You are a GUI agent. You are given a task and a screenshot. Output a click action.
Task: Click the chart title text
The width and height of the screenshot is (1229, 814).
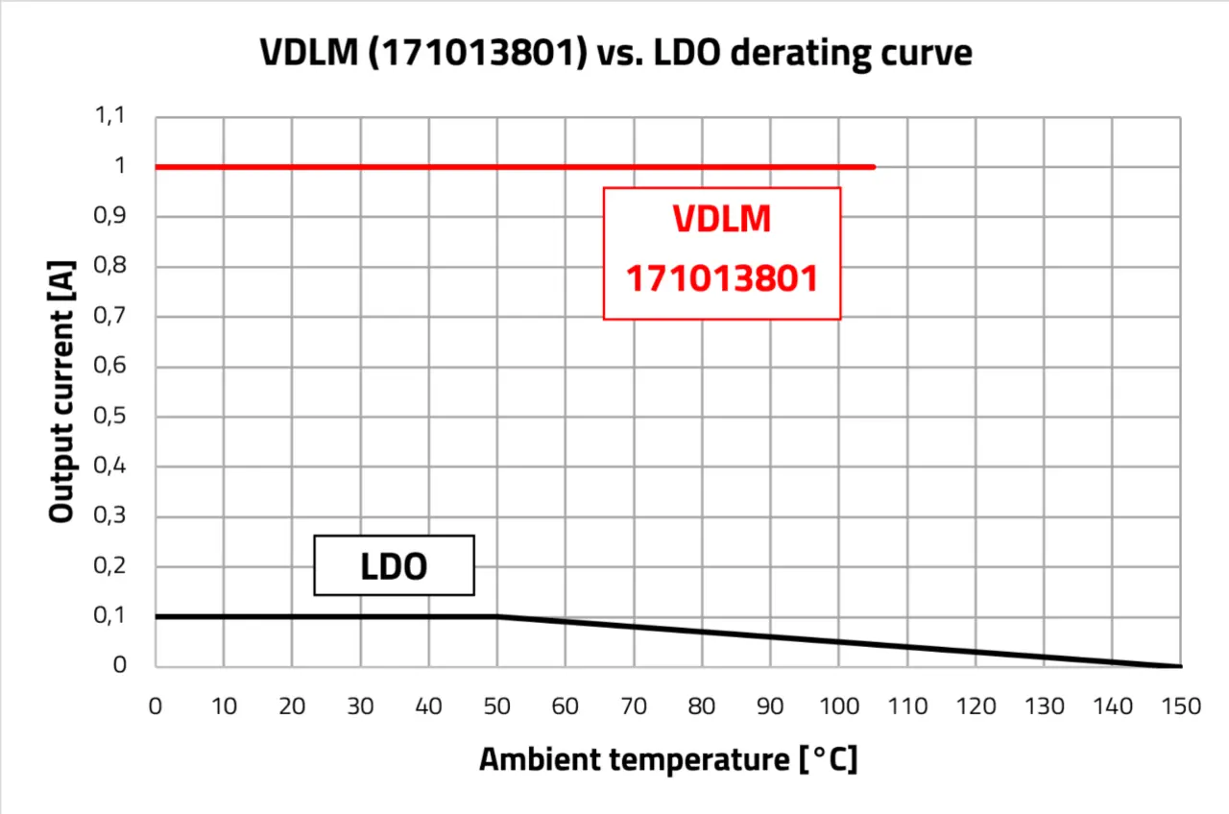[615, 53]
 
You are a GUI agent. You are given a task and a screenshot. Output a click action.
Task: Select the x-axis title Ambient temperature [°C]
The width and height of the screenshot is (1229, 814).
[668, 759]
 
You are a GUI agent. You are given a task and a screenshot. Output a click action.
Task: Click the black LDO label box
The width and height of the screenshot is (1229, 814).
[394, 565]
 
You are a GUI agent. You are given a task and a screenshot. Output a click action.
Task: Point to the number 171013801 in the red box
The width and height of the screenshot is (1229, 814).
[722, 279]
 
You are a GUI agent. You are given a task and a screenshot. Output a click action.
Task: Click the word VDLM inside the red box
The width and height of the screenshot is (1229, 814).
[722, 220]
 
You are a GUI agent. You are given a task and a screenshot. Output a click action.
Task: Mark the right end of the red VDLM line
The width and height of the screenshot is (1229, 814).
[873, 167]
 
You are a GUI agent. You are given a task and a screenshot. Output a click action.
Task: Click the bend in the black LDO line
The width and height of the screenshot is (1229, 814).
[496, 616]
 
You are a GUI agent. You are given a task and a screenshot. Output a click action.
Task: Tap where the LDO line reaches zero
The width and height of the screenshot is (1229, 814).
[1180, 666]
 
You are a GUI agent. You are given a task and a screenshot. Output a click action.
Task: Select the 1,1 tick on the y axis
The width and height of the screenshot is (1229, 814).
[109, 116]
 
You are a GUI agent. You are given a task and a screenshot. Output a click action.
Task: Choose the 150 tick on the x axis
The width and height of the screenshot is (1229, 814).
[1180, 706]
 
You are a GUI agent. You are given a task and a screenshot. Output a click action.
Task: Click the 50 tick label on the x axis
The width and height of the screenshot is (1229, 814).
[496, 706]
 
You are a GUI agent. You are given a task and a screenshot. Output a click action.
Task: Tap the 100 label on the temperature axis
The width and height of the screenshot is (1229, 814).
[838, 706]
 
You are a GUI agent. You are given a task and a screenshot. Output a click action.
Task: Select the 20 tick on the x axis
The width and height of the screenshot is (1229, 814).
[292, 706]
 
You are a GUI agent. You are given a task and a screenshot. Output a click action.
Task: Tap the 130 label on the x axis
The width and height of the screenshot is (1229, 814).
[1044, 706]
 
